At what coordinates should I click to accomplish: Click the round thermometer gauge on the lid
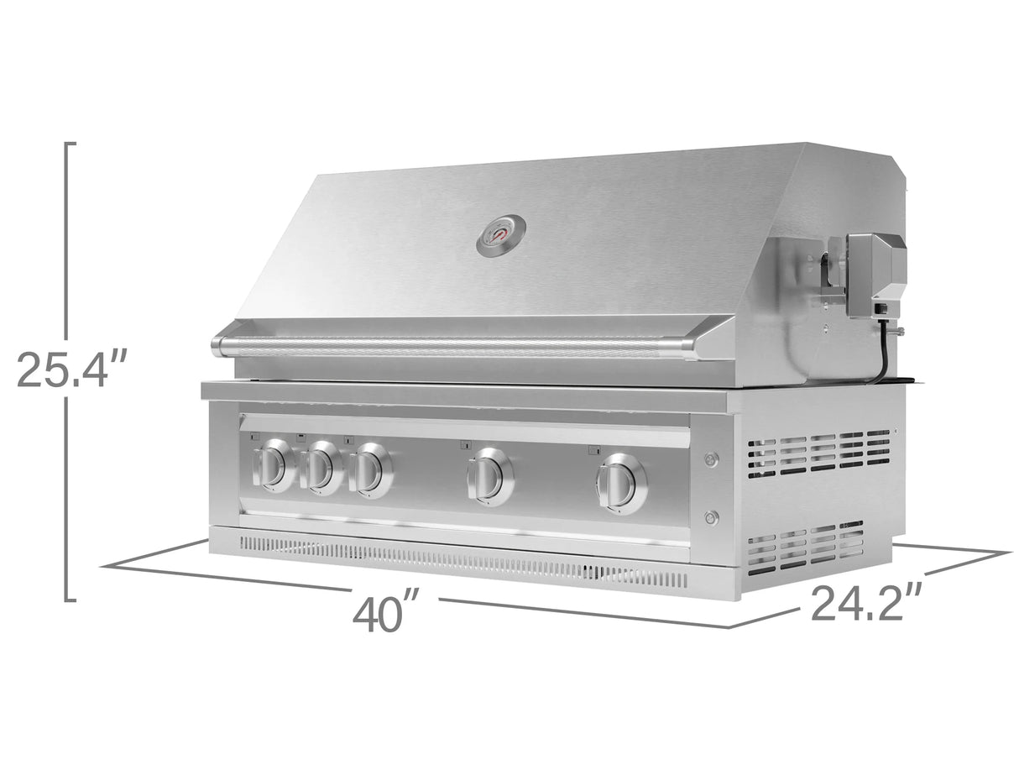pyautogui.click(x=501, y=235)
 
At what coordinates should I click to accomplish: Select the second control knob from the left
pyautogui.click(x=321, y=469)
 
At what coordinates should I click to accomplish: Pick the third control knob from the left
pyautogui.click(x=369, y=471)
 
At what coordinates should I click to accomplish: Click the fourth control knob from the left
pyautogui.click(x=490, y=477)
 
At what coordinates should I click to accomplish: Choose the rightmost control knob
pyautogui.click(x=622, y=484)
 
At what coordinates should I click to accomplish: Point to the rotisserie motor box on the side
pyautogui.click(x=876, y=275)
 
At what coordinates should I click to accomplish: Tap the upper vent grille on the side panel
pyautogui.click(x=819, y=453)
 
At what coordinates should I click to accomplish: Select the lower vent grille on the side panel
pyautogui.click(x=806, y=548)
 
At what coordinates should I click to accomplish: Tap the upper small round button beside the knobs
pyautogui.click(x=712, y=458)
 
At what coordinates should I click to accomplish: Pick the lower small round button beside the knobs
pyautogui.click(x=712, y=517)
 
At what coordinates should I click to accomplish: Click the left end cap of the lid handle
pyautogui.click(x=220, y=344)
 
